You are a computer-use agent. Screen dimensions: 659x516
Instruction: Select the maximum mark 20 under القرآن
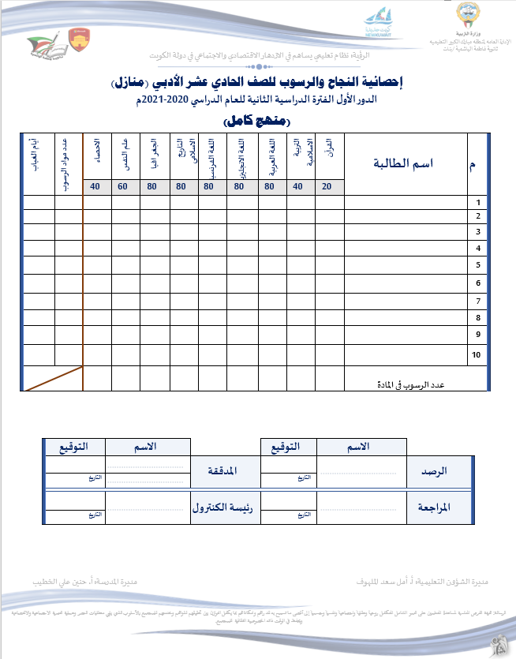click(x=327, y=187)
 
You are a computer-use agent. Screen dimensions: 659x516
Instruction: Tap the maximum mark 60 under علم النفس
click(x=122, y=187)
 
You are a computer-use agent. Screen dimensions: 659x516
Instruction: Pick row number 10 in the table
click(x=476, y=355)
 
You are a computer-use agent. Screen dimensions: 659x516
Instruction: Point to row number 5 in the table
click(x=478, y=264)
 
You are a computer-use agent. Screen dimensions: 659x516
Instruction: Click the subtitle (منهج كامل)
click(x=257, y=122)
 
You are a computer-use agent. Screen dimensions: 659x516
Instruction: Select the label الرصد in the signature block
click(x=434, y=471)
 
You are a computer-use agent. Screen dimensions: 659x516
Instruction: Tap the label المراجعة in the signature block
click(x=435, y=508)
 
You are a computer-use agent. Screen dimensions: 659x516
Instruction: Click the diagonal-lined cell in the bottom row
click(x=53, y=378)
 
